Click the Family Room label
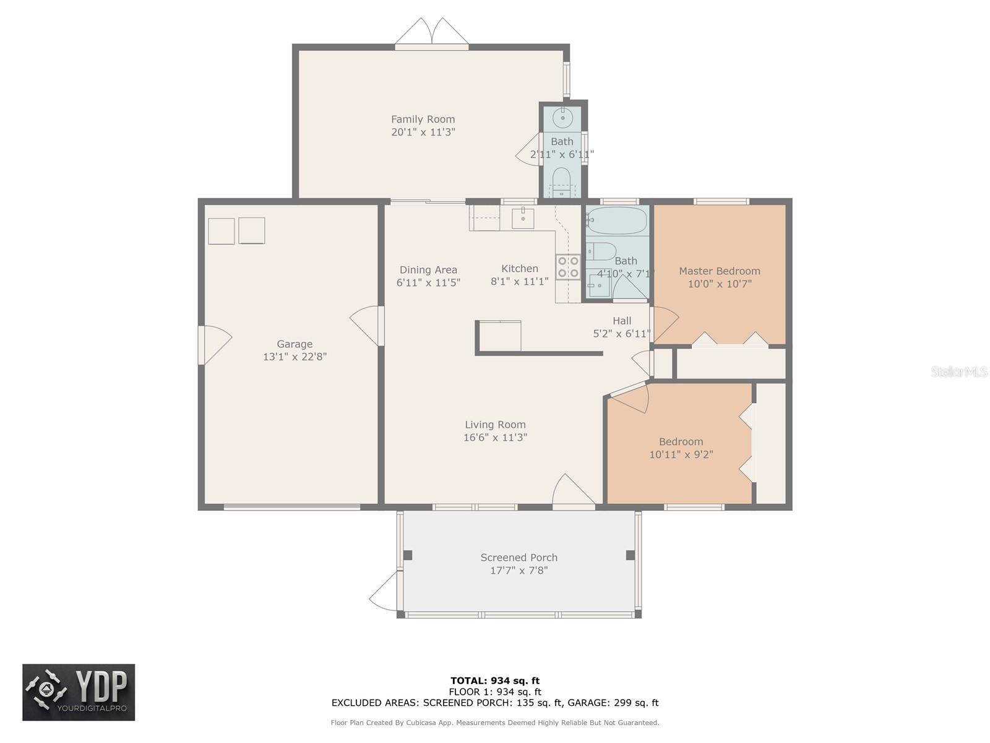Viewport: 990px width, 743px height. click(423, 119)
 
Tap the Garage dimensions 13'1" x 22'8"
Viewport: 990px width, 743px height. click(295, 357)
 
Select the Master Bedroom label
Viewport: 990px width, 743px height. click(720, 271)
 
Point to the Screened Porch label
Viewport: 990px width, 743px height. click(519, 558)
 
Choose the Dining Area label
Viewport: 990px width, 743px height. click(428, 270)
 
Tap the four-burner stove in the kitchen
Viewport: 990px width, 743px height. click(568, 267)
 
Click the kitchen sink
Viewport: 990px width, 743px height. click(523, 219)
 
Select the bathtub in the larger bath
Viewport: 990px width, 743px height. click(616, 220)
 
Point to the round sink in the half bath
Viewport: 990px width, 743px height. click(563, 118)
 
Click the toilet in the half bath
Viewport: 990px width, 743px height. click(562, 182)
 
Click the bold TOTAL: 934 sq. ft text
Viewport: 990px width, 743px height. click(495, 680)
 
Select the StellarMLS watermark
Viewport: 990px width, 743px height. click(959, 371)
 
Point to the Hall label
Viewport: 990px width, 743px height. click(621, 321)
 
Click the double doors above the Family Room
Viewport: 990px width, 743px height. click(432, 32)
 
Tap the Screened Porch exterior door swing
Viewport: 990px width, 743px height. click(384, 591)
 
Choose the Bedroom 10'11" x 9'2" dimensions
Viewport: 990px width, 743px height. click(681, 454)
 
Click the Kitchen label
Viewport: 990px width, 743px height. click(520, 269)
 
